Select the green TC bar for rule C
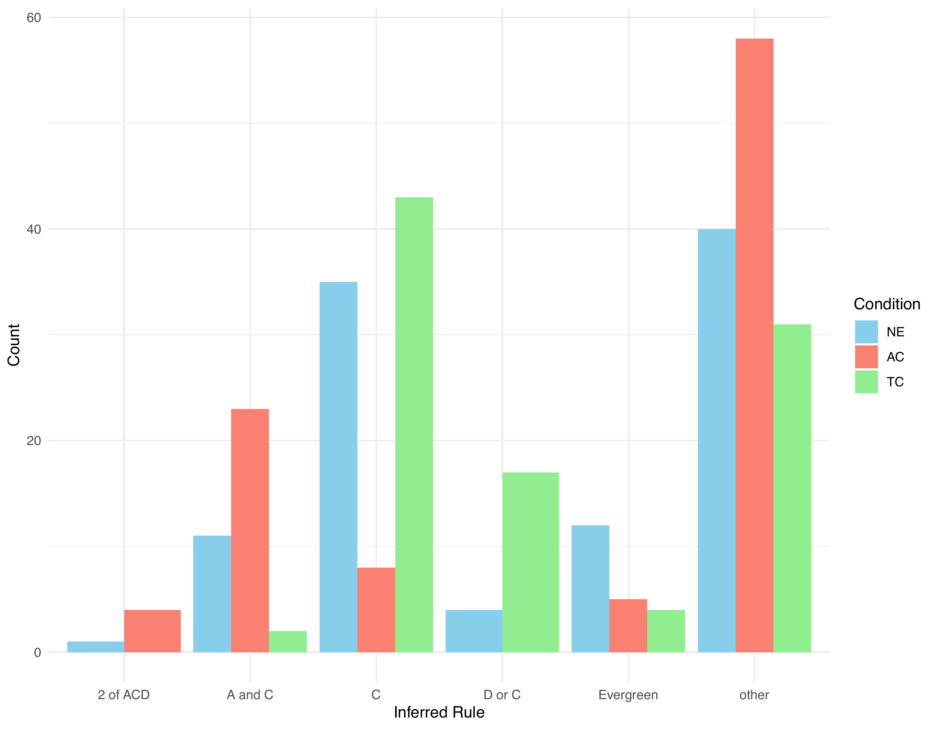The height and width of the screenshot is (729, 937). (414, 425)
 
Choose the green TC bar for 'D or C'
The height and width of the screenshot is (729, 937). (531, 562)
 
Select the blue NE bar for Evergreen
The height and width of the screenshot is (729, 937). (590, 589)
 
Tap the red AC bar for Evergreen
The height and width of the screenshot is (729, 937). (628, 626)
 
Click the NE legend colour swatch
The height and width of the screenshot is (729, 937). (866, 332)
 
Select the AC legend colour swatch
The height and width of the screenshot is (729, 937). (866, 357)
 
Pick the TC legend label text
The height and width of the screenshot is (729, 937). (895, 382)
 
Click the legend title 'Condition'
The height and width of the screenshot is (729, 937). (887, 304)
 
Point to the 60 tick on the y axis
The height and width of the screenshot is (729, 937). (34, 18)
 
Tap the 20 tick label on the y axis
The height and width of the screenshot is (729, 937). (34, 441)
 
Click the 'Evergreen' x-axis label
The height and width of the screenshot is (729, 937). (628, 695)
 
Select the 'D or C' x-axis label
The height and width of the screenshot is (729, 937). (502, 695)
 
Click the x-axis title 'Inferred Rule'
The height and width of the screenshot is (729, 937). (439, 712)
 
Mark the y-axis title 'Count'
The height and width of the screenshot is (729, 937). (14, 345)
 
